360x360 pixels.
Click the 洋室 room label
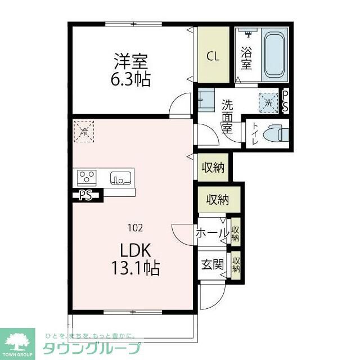pyautogui.click(x=130, y=60)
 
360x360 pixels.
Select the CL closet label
pyautogui.click(x=213, y=56)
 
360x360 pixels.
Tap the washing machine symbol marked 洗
pyautogui.click(x=268, y=103)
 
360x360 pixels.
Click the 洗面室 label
pyautogui.click(x=227, y=115)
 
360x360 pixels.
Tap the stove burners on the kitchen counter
pyautogui.click(x=87, y=178)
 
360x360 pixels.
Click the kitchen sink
pyautogui.click(x=120, y=178)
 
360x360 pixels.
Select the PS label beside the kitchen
pyautogui.click(x=85, y=196)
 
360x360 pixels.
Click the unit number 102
pyautogui.click(x=134, y=228)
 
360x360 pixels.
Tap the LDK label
pyautogui.click(x=134, y=249)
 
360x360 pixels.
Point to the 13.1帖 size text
pyautogui.click(x=134, y=268)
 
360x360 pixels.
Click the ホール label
pyautogui.click(x=212, y=232)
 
